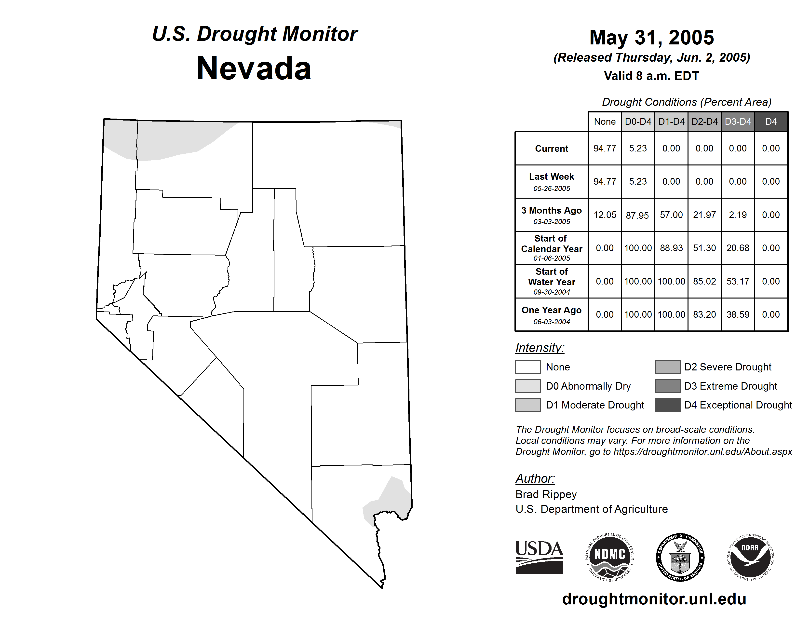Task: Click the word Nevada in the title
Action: (x=254, y=68)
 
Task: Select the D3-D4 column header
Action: (x=738, y=122)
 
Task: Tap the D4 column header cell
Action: (x=771, y=122)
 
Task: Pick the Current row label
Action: (x=552, y=148)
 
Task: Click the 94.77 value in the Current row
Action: (x=605, y=148)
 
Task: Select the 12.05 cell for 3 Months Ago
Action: (x=605, y=215)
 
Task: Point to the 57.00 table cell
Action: (x=671, y=215)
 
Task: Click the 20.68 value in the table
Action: (x=738, y=248)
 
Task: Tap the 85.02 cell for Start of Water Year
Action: (x=704, y=281)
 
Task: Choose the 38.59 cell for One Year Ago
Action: (x=738, y=314)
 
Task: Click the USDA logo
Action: (x=539, y=557)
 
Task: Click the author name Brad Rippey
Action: (x=546, y=494)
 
